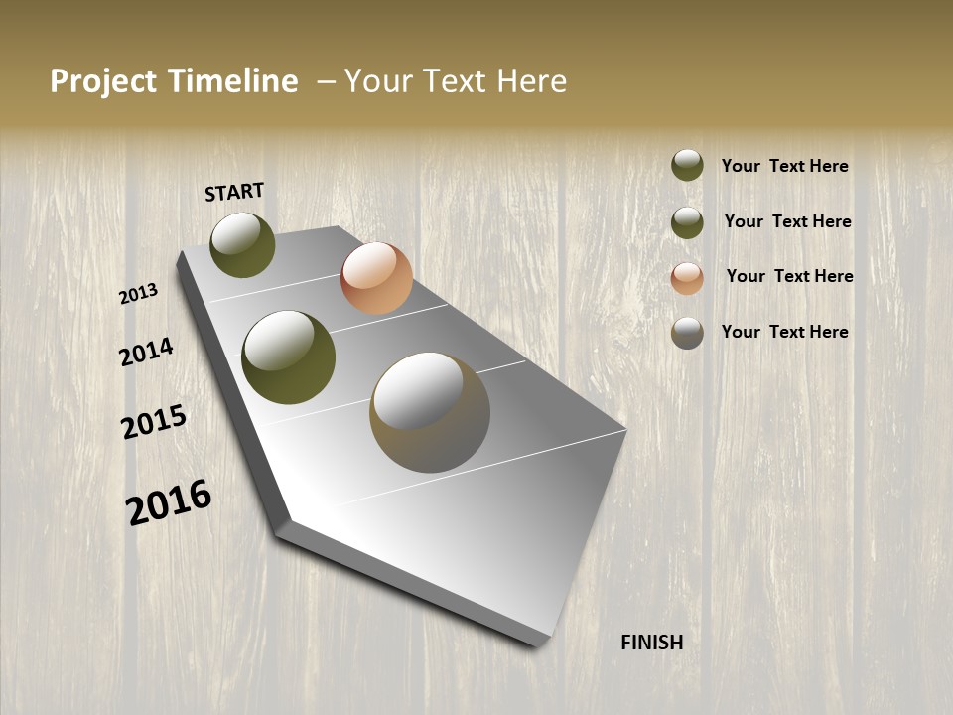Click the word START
click(234, 192)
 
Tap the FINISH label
click(651, 643)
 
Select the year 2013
click(138, 294)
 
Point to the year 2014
click(146, 352)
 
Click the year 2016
click(169, 502)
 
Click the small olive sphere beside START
click(242, 244)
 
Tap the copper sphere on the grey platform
click(376, 278)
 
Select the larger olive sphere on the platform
click(288, 357)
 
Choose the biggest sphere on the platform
click(430, 412)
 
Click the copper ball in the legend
click(687, 278)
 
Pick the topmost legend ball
click(687, 165)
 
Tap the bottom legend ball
click(687, 333)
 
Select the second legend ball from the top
click(687, 222)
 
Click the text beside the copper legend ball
click(789, 276)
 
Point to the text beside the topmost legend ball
click(784, 166)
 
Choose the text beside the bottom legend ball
click(784, 332)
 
